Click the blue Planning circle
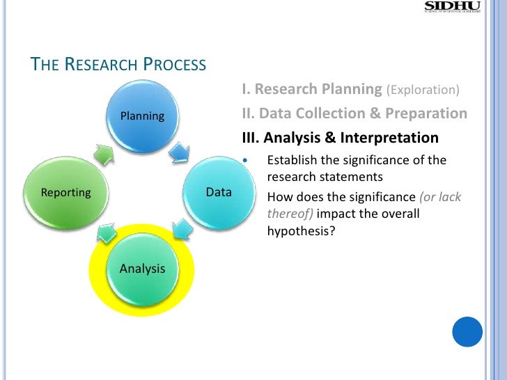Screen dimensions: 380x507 143,116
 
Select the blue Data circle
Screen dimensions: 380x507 219,192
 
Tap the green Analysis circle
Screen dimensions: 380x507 142,268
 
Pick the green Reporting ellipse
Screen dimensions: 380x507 66,192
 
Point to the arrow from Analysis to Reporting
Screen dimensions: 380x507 105,232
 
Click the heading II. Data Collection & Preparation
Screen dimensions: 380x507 354,113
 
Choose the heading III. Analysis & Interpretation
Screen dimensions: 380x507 340,137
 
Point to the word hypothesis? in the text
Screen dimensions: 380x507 302,231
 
